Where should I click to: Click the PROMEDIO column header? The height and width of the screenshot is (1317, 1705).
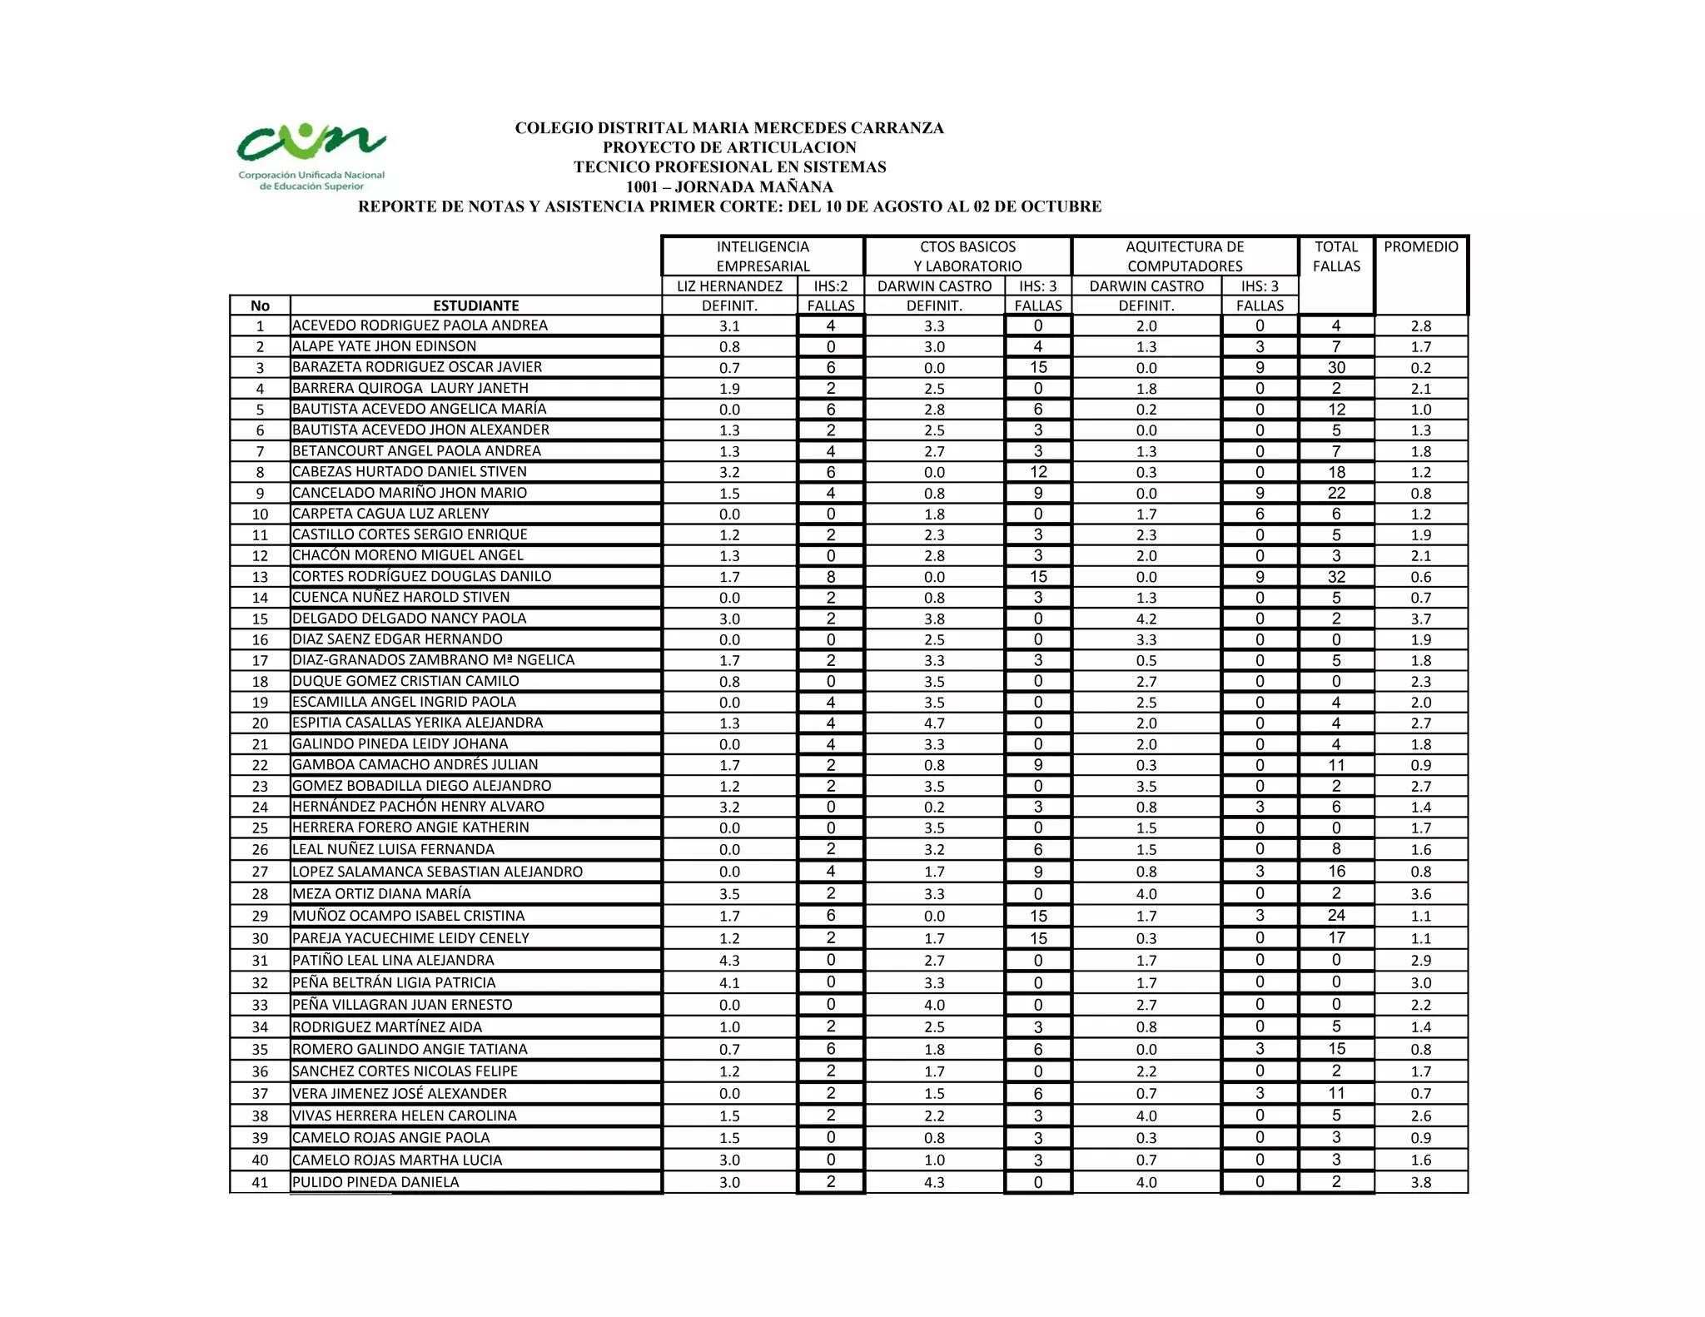tap(1421, 247)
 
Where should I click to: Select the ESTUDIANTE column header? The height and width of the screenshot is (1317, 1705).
tap(475, 306)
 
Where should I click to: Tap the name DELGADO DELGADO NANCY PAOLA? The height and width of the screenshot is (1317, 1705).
tap(410, 619)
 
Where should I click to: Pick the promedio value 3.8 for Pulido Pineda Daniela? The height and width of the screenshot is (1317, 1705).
tap(1421, 1182)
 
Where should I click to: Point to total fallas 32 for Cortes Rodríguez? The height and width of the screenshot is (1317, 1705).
tap(1336, 577)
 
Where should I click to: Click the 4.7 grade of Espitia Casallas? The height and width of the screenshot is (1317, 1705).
tap(934, 723)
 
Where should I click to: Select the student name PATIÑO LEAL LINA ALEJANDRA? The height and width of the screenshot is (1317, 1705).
tap(393, 961)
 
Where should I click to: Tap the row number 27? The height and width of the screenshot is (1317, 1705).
tap(260, 872)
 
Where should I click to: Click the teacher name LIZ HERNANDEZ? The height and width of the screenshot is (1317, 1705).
tap(729, 286)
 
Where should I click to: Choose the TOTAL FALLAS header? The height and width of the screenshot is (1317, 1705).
tap(1336, 256)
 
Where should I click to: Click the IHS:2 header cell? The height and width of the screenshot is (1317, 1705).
tap(830, 286)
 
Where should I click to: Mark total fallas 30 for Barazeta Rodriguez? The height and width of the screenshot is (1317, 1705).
tap(1336, 368)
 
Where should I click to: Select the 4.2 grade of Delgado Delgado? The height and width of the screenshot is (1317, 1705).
tap(1146, 619)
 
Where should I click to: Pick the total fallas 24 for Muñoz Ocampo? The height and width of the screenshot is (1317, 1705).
tap(1336, 916)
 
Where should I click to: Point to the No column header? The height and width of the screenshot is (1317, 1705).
tap(260, 306)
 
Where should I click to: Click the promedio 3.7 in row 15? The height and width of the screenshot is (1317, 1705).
tap(1421, 619)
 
